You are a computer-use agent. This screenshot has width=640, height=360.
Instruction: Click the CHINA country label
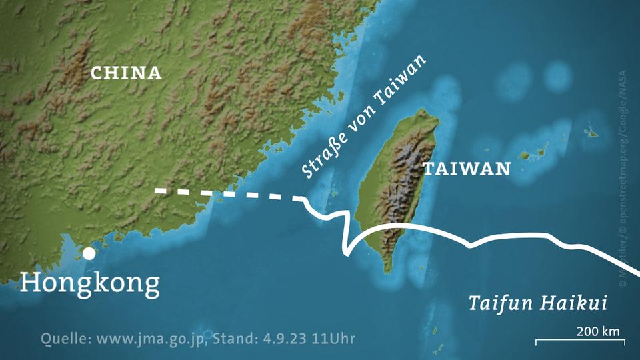click(x=126, y=73)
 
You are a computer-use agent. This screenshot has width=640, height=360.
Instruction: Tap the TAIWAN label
click(x=466, y=169)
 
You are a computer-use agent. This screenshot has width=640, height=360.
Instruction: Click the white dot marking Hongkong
click(x=89, y=253)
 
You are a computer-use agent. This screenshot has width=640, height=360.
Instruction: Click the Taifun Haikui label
click(x=537, y=304)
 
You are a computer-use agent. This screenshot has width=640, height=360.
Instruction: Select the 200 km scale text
click(x=598, y=331)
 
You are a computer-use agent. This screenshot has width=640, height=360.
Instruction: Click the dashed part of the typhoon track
click(x=227, y=194)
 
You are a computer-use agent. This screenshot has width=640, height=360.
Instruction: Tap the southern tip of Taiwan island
click(x=387, y=271)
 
